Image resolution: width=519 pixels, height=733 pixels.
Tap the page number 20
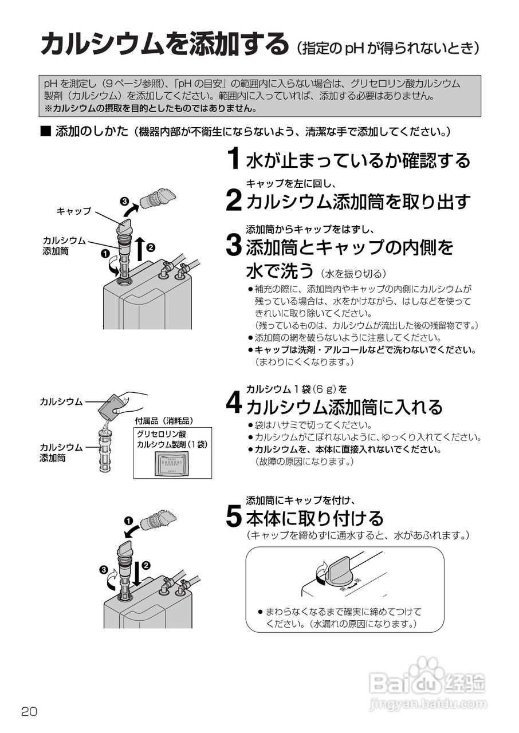tap(29, 712)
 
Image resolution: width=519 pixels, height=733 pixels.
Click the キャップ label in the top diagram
tap(73, 211)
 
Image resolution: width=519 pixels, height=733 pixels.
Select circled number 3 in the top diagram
tap(124, 201)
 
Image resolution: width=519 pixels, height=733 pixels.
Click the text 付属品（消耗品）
tap(164, 420)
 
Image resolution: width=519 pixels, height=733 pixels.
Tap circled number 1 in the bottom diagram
tap(128, 521)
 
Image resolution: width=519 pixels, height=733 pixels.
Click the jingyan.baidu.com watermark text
tap(428, 702)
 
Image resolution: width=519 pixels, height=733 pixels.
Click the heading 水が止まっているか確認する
tap(358, 160)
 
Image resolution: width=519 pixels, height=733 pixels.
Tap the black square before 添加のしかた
tap(46, 132)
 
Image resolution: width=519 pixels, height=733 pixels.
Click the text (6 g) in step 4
tap(325, 389)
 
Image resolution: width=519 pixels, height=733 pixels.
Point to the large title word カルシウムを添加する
tap(164, 45)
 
